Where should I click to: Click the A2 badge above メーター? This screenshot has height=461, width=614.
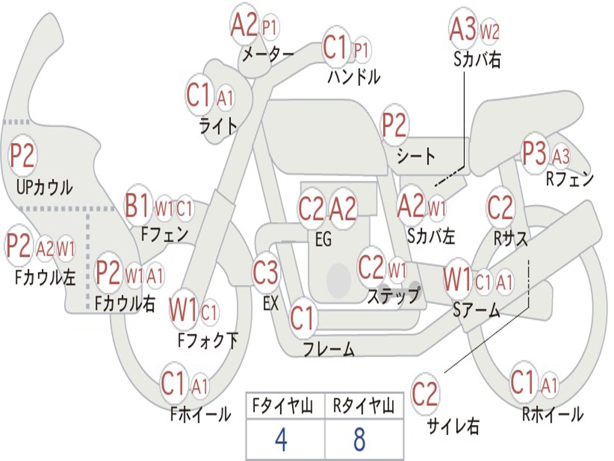click(244, 25)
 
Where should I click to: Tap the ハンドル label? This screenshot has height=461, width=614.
click(354, 76)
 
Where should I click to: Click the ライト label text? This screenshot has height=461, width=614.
click(218, 125)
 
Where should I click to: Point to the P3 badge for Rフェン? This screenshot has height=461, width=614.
click(534, 154)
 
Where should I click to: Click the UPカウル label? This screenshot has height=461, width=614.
click(44, 187)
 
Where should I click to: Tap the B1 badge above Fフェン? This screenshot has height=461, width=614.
click(138, 206)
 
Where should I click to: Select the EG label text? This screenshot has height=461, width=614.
click(323, 240)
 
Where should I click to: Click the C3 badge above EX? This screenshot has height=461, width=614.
click(266, 273)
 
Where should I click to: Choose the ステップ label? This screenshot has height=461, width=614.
click(394, 296)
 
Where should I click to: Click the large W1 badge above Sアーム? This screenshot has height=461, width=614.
click(458, 280)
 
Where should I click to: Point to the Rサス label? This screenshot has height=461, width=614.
click(511, 238)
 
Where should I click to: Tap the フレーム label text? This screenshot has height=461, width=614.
click(329, 349)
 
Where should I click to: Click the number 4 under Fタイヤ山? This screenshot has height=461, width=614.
click(281, 440)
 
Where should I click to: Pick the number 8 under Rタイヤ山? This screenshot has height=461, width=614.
click(359, 440)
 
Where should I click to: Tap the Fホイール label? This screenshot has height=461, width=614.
click(200, 414)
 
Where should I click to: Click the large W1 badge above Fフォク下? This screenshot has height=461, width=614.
click(183, 310)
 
